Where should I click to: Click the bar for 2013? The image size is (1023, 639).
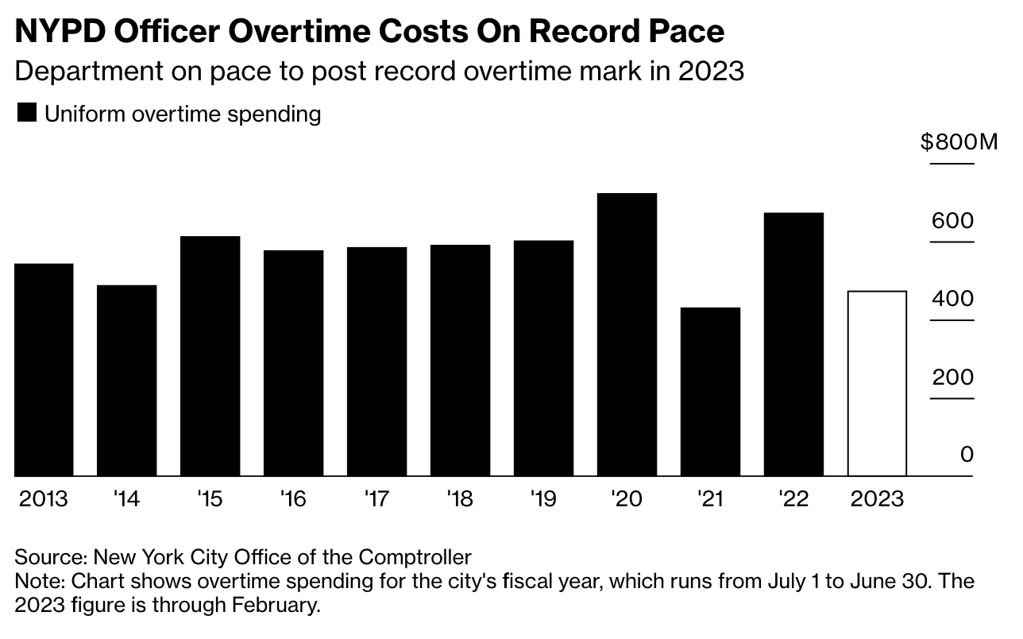[44, 370]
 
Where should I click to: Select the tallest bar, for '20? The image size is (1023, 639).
[627, 335]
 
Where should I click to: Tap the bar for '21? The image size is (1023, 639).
[710, 392]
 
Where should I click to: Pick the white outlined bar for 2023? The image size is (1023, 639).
[877, 384]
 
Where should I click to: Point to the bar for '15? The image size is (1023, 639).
[210, 356]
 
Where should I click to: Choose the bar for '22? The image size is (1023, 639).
[793, 344]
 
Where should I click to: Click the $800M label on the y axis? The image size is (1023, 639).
[958, 142]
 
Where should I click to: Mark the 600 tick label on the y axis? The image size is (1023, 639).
[952, 220]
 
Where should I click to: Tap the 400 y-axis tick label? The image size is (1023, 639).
[952, 299]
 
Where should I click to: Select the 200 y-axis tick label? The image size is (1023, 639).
[952, 377]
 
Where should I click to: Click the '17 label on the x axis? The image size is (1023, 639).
[376, 499]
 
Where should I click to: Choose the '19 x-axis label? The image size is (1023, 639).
[542, 499]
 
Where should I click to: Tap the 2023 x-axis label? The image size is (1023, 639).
[877, 499]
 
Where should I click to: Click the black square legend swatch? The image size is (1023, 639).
[26, 114]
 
